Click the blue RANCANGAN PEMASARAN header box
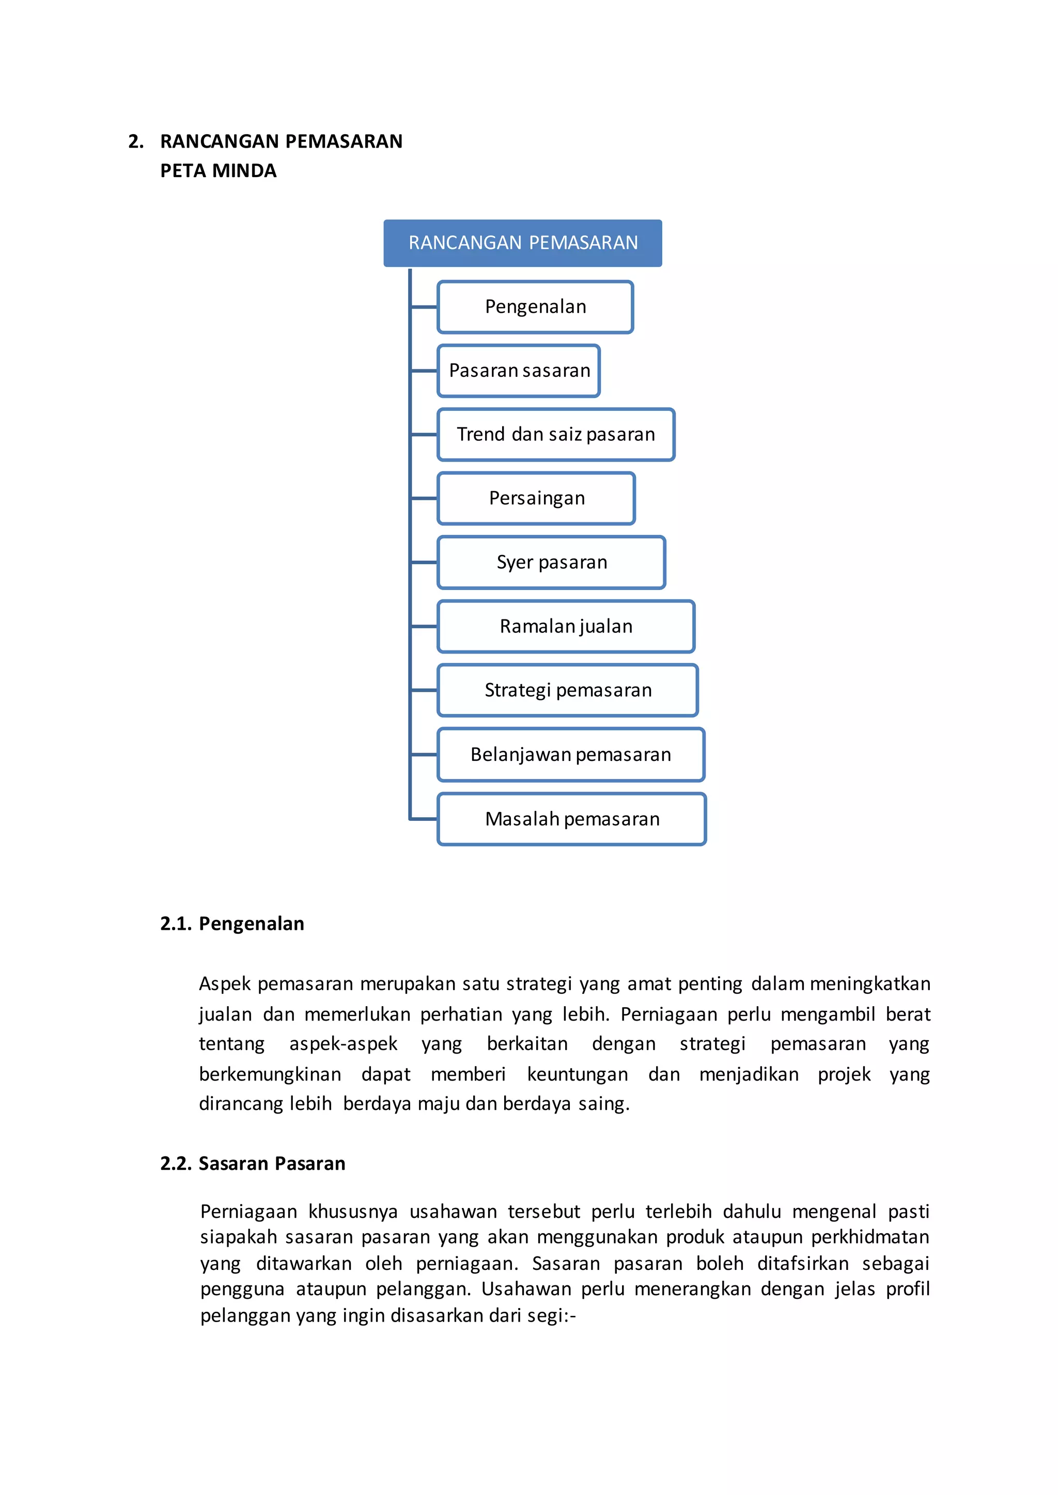point(522,243)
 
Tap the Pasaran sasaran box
point(519,371)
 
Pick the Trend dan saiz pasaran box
point(556,434)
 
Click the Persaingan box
point(536,498)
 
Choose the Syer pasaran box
point(551,562)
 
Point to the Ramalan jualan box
point(566,626)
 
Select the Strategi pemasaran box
point(567,690)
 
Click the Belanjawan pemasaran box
point(571,755)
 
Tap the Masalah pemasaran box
point(572,819)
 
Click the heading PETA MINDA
point(218,170)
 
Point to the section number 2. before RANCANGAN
point(135,141)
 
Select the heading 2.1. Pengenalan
point(232,924)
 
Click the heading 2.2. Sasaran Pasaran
point(253,1163)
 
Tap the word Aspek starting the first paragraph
point(224,984)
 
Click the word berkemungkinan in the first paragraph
point(270,1074)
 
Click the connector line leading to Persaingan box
point(424,498)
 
